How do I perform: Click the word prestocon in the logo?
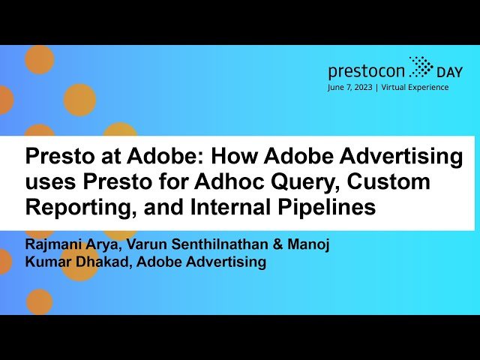click(x=367, y=71)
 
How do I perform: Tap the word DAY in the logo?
click(x=451, y=72)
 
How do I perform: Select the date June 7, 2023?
click(x=352, y=87)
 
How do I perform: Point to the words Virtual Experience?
click(x=415, y=87)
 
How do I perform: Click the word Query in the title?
click(x=277, y=182)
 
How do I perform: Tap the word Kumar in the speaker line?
click(x=47, y=262)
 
